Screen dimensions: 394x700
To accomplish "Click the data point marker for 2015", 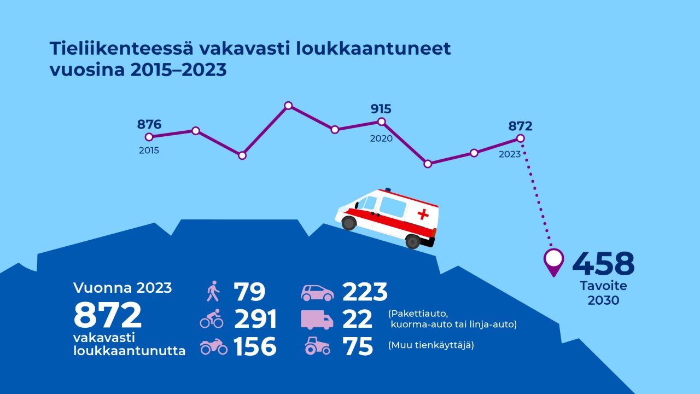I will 149,137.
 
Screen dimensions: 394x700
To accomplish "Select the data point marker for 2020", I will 382,121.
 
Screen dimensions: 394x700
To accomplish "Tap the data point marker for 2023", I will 521,139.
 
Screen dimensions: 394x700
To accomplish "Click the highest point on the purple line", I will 289,105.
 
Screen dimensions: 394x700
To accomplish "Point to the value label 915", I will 381,108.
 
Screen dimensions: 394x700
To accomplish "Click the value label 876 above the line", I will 149,124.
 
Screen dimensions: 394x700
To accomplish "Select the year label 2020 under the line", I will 381,138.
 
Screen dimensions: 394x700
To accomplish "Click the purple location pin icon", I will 554,261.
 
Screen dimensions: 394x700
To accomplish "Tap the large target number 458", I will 603,264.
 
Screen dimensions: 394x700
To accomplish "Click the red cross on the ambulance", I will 423,214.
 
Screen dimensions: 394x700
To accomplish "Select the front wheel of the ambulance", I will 348,223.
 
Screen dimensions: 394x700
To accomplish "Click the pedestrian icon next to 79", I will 212,292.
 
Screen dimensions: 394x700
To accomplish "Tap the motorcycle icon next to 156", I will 214,346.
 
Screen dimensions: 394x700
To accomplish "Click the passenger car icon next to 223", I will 317,293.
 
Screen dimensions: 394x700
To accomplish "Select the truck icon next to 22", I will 317,320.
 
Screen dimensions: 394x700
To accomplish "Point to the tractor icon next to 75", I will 317,346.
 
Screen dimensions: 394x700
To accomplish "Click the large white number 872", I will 108,316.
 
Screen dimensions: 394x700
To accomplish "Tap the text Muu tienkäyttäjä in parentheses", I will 431,346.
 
